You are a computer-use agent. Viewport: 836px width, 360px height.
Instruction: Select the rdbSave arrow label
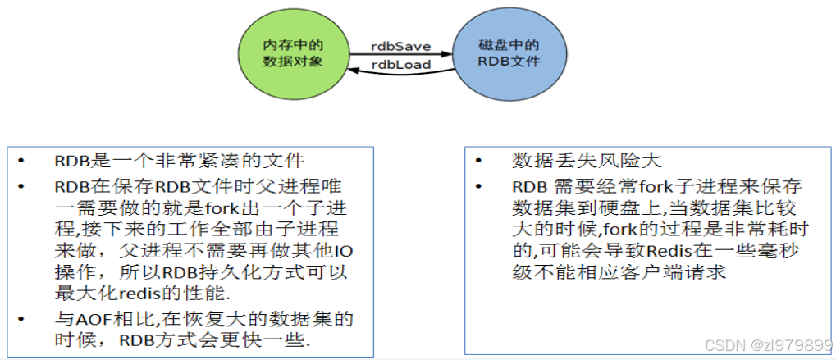click(x=400, y=47)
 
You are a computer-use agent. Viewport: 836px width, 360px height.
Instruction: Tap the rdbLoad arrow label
click(x=401, y=65)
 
